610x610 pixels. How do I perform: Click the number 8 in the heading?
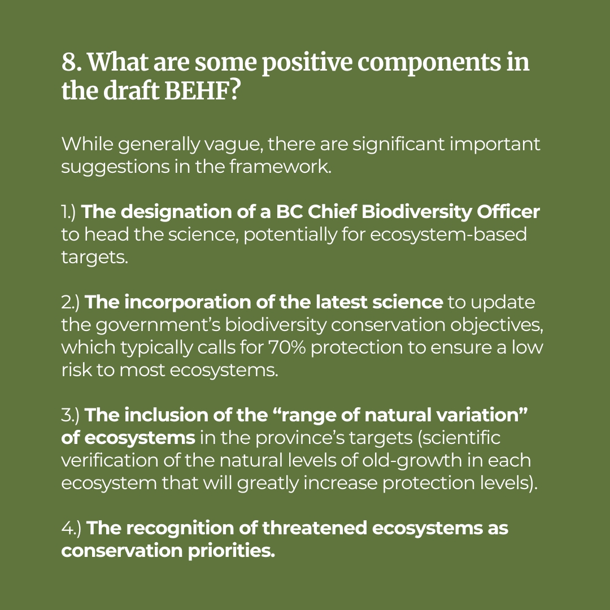coord(69,62)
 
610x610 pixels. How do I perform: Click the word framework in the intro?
coord(280,167)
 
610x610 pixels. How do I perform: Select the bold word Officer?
coord(508,212)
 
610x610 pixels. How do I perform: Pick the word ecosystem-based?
coord(448,234)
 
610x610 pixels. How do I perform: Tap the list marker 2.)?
coord(71,302)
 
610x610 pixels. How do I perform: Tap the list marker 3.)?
coord(71,415)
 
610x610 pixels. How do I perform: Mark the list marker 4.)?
coord(71,528)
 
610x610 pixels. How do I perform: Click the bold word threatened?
coord(315,528)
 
